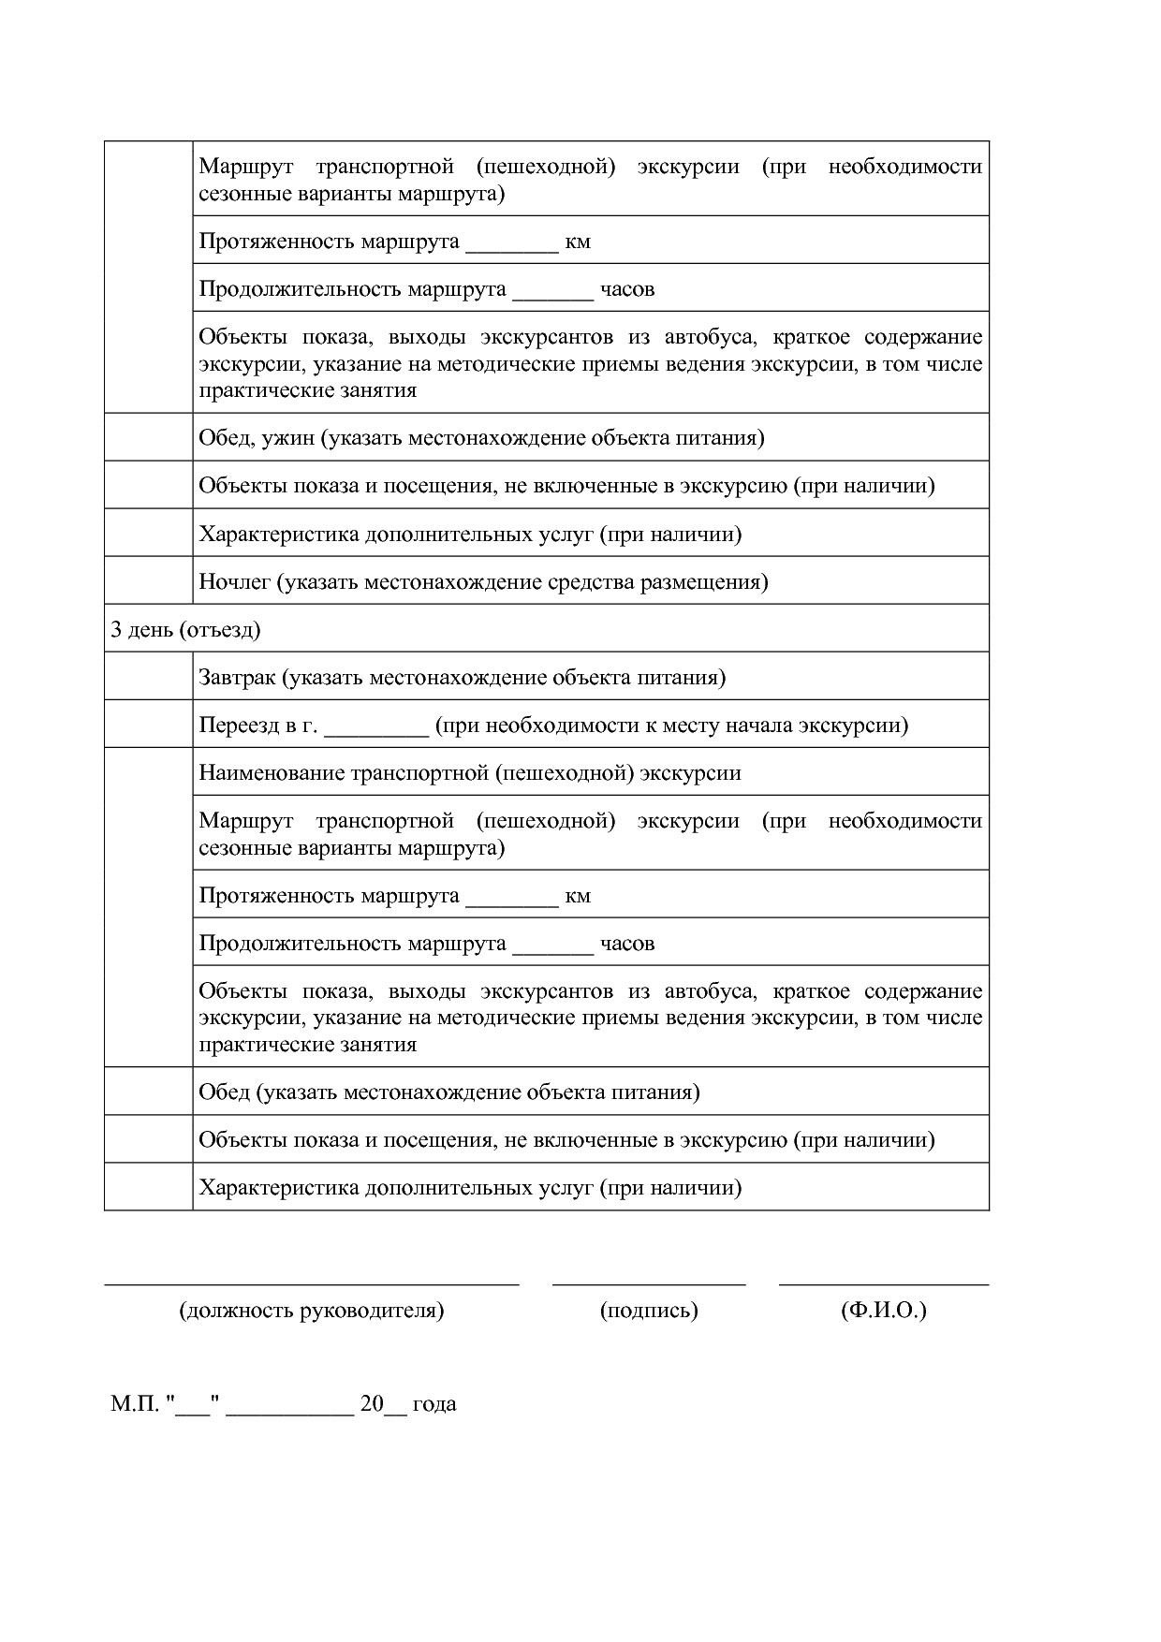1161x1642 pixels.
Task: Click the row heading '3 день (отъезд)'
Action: pos(185,629)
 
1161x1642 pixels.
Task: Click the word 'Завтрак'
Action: pos(237,677)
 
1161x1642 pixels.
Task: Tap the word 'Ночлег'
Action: pos(234,581)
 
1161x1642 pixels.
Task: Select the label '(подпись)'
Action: pos(649,1309)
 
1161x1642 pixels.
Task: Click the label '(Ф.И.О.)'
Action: pos(884,1309)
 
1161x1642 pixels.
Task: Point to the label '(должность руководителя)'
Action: pos(311,1309)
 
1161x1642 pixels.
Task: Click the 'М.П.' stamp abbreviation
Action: pos(135,1403)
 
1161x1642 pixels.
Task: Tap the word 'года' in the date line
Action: pos(434,1403)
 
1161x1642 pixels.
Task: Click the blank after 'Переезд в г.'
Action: pos(376,728)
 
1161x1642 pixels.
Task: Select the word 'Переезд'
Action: pos(239,725)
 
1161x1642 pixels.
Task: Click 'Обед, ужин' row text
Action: pos(257,437)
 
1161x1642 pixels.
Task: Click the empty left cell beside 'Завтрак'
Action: pos(148,676)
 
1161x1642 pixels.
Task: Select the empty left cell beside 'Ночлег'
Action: pos(148,580)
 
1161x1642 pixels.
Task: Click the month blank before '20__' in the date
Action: pos(290,1407)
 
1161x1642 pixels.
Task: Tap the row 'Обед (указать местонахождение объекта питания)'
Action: pos(449,1092)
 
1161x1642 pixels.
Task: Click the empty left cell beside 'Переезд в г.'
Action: pos(148,724)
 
